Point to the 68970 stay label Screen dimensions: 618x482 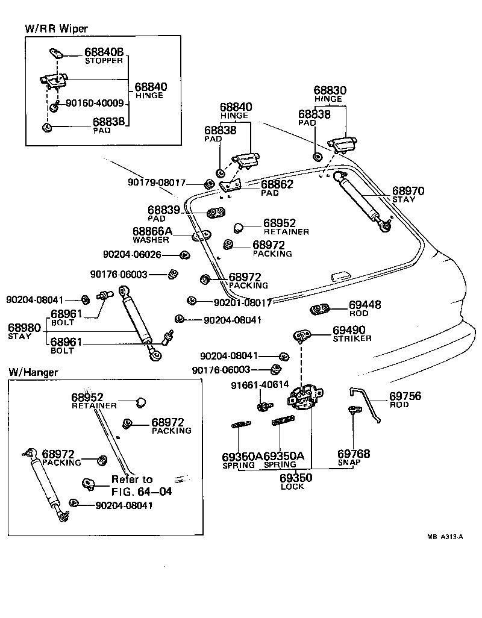coord(408,192)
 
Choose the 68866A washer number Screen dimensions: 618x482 coord(152,231)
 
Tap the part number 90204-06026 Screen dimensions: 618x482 coord(132,255)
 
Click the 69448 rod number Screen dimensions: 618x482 coord(365,305)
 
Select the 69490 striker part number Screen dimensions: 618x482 coord(353,331)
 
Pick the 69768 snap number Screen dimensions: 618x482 coord(354,454)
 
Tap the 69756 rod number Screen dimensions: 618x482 coord(405,396)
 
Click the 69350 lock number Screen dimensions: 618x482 coord(295,478)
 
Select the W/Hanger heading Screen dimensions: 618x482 coord(33,372)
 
